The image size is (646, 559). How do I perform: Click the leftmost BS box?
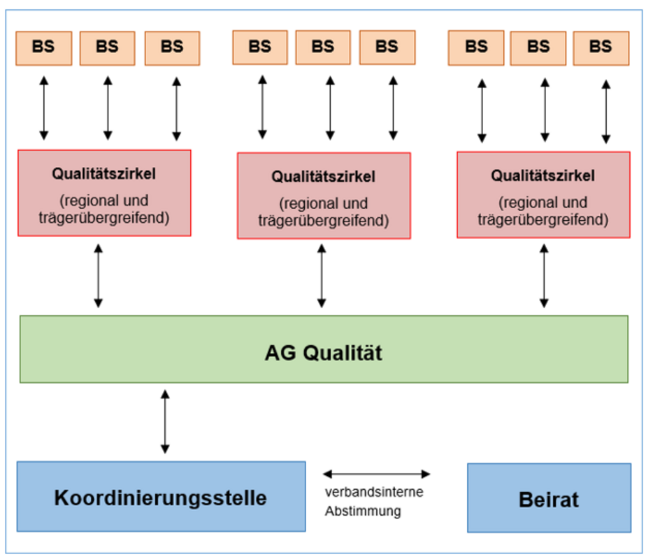[x=43, y=48]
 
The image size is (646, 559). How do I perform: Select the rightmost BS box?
[x=601, y=48]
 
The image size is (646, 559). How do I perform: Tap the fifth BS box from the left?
[x=323, y=48]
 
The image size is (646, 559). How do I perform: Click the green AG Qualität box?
[x=324, y=349]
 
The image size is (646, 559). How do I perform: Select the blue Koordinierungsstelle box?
[x=161, y=496]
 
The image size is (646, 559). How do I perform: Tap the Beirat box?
[x=550, y=498]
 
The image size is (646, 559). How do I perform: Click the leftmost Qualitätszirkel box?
[x=104, y=193]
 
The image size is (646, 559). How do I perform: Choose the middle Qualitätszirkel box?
[x=324, y=196]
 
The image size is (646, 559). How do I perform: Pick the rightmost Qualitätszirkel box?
[x=543, y=195]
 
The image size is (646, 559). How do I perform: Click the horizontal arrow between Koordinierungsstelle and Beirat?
[x=377, y=474]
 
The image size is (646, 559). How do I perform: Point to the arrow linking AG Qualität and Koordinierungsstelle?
[x=165, y=421]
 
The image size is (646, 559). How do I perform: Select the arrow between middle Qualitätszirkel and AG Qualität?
[x=322, y=276]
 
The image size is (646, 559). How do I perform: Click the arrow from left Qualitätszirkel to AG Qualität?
[x=99, y=276]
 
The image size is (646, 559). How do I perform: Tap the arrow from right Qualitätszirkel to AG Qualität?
[x=544, y=276]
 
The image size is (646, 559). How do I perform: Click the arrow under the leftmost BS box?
[x=44, y=108]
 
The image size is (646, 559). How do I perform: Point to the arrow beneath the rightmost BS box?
[x=606, y=112]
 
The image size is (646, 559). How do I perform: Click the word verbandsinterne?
[x=374, y=492]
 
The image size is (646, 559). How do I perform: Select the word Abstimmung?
[x=363, y=511]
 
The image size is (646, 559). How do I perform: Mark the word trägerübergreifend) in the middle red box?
[x=324, y=221]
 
